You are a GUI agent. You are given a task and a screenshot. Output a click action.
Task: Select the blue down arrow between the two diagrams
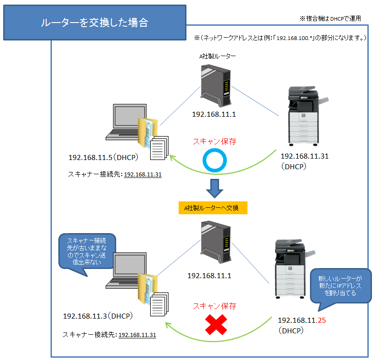pyautogui.click(x=214, y=187)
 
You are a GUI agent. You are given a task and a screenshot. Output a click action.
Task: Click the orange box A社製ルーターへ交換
pyautogui.click(x=213, y=208)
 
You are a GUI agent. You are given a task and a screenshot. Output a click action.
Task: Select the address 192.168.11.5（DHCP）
pyautogui.click(x=103, y=158)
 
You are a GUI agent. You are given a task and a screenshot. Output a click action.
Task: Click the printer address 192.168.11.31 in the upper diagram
pyautogui.click(x=304, y=156)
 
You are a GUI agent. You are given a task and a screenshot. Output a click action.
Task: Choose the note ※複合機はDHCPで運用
pyautogui.click(x=330, y=19)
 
